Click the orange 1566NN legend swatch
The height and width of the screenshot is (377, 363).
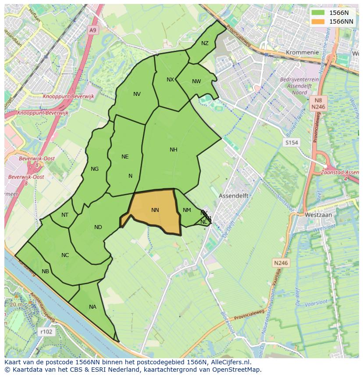point(318,21)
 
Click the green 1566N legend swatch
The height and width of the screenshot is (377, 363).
point(318,13)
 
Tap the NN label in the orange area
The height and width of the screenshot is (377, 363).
point(155,210)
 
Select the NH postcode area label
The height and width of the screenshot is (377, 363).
point(174,150)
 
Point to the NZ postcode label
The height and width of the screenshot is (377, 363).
point(205,43)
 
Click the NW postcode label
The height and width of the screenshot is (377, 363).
point(196,81)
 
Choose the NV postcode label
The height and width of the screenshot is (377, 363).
point(137,94)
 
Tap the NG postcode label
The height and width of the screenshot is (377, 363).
point(95,169)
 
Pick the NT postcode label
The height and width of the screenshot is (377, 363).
point(65,215)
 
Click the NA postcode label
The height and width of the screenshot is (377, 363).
point(93,307)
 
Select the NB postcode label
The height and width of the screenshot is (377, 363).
point(45,271)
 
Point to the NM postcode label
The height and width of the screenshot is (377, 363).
point(187,211)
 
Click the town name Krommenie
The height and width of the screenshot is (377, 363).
point(302,53)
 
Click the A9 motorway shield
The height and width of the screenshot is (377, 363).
point(92,30)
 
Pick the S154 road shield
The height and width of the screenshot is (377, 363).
point(291,143)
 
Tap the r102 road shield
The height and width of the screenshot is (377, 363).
point(46,332)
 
